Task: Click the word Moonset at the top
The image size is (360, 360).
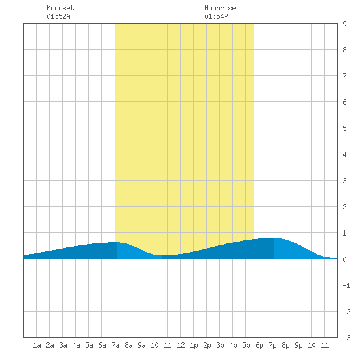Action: pyautogui.click(x=60, y=8)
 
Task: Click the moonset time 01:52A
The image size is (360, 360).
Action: pyautogui.click(x=58, y=16)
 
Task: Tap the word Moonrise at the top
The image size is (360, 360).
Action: pyautogui.click(x=220, y=8)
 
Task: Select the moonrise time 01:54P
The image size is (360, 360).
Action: pyautogui.click(x=216, y=16)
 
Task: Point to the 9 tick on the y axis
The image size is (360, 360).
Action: pyautogui.click(x=344, y=24)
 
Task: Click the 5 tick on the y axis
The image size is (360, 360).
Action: pyautogui.click(x=344, y=128)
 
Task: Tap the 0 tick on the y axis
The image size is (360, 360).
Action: pyautogui.click(x=344, y=259)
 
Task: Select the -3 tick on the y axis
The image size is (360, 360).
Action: pyautogui.click(x=346, y=338)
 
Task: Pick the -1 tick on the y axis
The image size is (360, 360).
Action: pyautogui.click(x=346, y=285)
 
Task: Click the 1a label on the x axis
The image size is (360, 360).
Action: pyautogui.click(x=37, y=345)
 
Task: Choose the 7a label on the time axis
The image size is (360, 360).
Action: pyautogui.click(x=115, y=345)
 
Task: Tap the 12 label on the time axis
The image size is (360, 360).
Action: pyautogui.click(x=181, y=345)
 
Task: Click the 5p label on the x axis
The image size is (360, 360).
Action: pyautogui.click(x=246, y=345)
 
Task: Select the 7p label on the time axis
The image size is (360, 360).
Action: pyautogui.click(x=272, y=345)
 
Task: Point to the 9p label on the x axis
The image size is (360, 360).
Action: pyautogui.click(x=298, y=345)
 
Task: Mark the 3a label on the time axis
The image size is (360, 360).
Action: pyautogui.click(x=63, y=345)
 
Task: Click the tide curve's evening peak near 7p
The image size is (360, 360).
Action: pyautogui.click(x=273, y=238)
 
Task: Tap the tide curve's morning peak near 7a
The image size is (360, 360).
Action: pyautogui.click(x=115, y=242)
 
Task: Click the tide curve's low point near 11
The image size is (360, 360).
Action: pyautogui.click(x=165, y=255)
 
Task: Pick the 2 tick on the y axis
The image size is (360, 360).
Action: pyautogui.click(x=344, y=207)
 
